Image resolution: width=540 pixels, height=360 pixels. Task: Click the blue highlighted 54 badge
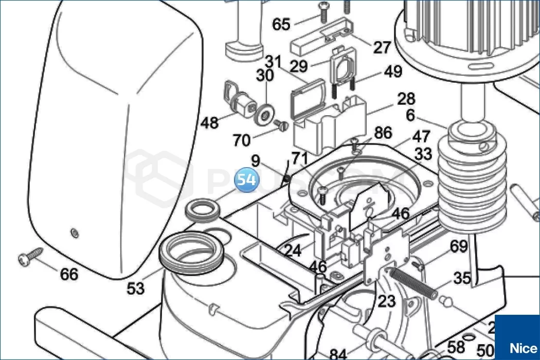point(246,181)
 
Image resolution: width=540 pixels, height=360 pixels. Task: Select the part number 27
point(382,47)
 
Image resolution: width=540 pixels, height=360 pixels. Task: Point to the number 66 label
point(69,274)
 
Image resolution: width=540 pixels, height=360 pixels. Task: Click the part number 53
point(136,289)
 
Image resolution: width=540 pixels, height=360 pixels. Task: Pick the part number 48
point(209,123)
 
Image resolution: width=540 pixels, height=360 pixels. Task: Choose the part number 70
point(241,139)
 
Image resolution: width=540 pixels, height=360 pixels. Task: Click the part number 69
point(459,246)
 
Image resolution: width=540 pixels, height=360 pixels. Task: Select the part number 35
point(462,278)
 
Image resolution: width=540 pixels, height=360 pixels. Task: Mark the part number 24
point(293,250)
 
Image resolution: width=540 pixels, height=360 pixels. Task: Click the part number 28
point(406,98)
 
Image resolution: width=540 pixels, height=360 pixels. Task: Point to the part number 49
point(393,71)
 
